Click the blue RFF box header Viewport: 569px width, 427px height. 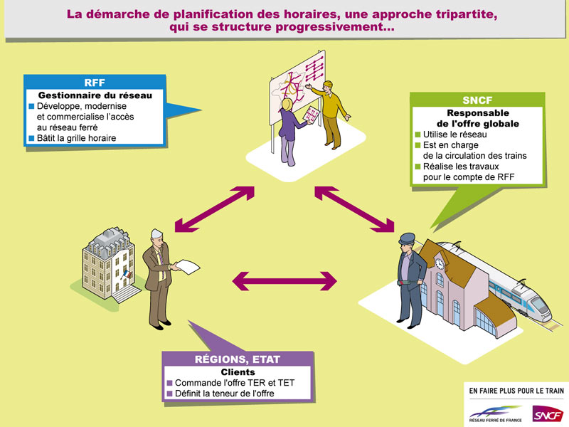coord(95,83)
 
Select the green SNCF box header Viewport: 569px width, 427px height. coord(477,100)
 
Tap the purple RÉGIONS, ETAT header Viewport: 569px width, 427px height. coord(238,359)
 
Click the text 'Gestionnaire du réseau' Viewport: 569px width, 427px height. coord(95,95)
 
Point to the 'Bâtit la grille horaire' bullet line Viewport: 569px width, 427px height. coord(73,138)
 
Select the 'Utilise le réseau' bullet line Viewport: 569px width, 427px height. coord(451,135)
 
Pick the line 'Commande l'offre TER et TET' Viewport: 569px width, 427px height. coord(230,383)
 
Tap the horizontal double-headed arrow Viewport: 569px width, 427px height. coord(284,281)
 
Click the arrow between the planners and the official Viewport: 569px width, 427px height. coord(215,209)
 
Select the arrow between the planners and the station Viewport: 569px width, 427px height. coord(354,209)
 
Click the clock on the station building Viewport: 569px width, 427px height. coord(440,263)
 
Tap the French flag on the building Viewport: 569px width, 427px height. coord(127,274)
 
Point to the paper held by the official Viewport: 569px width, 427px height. coord(187,267)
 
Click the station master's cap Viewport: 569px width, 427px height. coord(407,238)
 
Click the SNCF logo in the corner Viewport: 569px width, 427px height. coord(548,413)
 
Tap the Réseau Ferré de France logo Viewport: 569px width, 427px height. coord(495,414)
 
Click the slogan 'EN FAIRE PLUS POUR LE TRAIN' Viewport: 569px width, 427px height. coord(516,391)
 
